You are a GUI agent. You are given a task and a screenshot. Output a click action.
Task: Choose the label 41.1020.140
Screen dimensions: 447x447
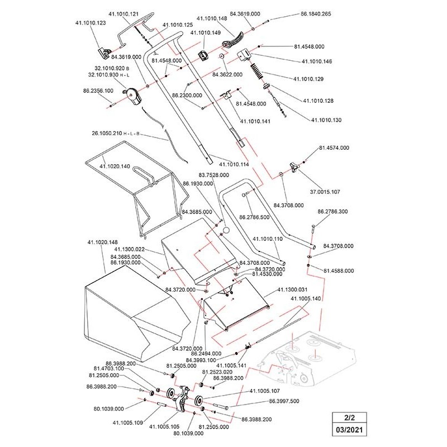tap(115, 167)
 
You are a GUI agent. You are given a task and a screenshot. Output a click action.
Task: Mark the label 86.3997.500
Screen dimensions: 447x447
tap(284, 401)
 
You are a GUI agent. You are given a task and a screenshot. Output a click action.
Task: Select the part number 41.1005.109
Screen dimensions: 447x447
tap(128, 422)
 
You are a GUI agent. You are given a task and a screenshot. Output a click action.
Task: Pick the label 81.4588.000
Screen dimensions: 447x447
tap(339, 270)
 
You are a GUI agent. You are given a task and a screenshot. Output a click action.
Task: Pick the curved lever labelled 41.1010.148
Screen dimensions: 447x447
tap(234, 41)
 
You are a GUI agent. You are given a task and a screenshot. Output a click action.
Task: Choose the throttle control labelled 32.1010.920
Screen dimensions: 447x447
tap(134, 96)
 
